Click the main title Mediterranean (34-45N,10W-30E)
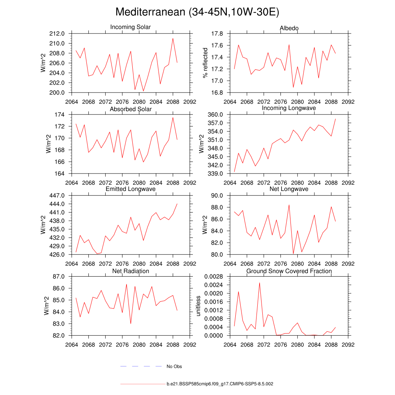point(197,12)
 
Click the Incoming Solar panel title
point(130,27)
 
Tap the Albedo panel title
point(289,29)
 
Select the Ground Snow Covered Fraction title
point(289,271)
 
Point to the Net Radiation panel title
point(130,271)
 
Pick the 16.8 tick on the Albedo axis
point(218,93)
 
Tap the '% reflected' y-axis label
point(206,63)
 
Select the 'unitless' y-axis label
point(199,306)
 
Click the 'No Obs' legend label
point(174,366)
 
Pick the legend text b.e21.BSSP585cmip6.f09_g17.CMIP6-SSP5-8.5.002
point(220,384)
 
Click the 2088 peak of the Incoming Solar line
point(173,38)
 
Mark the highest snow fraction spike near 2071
point(259,283)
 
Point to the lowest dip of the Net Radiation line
point(130,323)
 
